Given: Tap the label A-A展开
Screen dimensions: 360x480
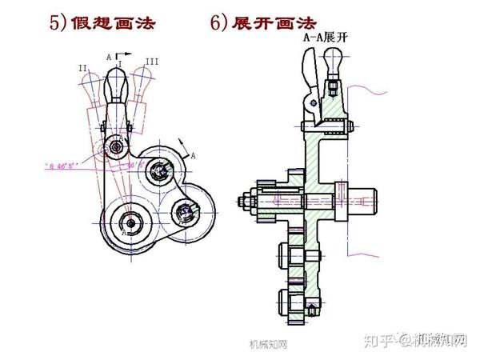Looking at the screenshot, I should [324, 37].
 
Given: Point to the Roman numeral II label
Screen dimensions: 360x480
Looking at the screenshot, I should [82, 69].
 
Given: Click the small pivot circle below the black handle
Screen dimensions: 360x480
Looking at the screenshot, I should [118, 148].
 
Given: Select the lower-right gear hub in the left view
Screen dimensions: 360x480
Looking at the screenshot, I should [186, 212].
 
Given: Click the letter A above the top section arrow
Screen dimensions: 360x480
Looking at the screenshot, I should [109, 57].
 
